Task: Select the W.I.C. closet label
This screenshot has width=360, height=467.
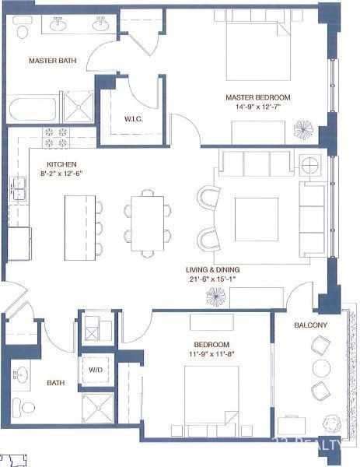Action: click(131, 119)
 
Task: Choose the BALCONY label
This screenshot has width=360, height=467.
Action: click(310, 325)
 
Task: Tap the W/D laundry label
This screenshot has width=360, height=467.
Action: click(96, 370)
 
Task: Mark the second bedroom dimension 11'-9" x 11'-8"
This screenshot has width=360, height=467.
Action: click(211, 354)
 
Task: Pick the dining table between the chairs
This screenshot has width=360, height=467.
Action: click(146, 224)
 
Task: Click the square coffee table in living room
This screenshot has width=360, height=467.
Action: click(256, 219)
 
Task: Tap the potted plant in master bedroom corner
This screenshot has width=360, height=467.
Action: click(302, 128)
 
